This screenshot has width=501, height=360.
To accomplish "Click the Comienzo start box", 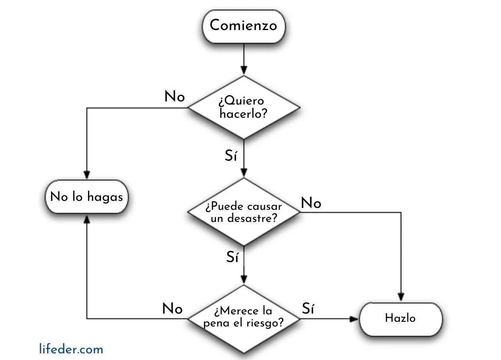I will click(x=244, y=26).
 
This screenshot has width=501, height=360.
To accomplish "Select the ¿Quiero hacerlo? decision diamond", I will click(x=244, y=107).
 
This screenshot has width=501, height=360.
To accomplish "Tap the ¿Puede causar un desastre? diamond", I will click(x=244, y=212).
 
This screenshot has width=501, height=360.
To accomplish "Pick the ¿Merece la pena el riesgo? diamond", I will click(x=244, y=318).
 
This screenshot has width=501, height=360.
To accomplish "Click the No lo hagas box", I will click(x=87, y=197).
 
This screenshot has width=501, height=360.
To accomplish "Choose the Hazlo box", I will click(x=400, y=318).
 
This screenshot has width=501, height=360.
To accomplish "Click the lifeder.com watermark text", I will click(x=71, y=348).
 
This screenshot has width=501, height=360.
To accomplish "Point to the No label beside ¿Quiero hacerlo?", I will click(x=175, y=96).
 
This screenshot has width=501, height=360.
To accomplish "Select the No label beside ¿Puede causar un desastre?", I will click(x=311, y=203).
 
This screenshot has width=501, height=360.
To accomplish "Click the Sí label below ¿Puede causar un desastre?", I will click(x=232, y=257).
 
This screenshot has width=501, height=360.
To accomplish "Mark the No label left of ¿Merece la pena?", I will click(x=172, y=309).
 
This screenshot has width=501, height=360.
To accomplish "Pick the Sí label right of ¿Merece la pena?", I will click(x=308, y=309).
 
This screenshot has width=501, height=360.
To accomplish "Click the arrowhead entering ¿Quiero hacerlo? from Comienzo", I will click(x=244, y=71).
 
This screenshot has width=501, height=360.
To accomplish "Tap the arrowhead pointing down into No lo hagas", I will click(x=87, y=175).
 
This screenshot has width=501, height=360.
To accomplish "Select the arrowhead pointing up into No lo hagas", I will click(x=87, y=218).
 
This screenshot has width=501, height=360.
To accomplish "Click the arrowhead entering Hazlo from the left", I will click(x=354, y=319).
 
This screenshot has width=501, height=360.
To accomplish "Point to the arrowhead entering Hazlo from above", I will click(x=401, y=298).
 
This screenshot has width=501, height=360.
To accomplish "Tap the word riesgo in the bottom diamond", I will click(x=265, y=323).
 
